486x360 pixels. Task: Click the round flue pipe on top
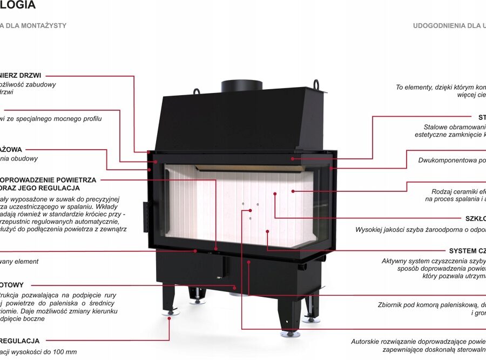tap(241, 85)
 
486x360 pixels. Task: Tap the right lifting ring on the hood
tap(316, 85)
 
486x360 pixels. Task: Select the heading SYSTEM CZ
tap(467, 251)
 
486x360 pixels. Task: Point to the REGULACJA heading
tap(20, 341)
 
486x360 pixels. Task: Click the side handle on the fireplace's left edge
tap(145, 215)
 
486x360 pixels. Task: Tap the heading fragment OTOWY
tap(12, 285)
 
